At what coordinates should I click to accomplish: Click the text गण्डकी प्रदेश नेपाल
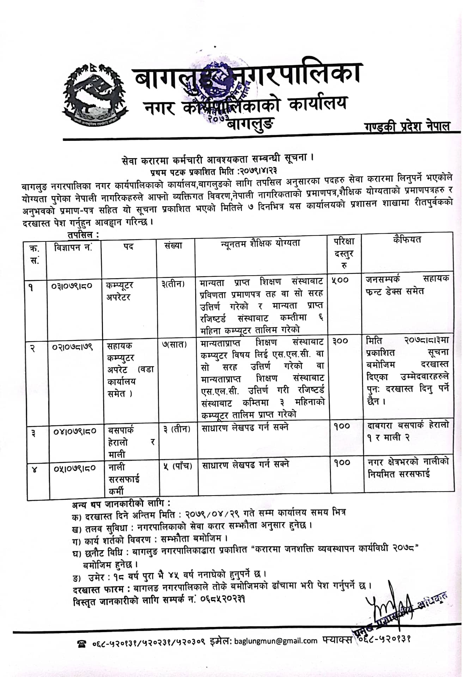coord(407,126)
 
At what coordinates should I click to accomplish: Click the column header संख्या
coord(173,245)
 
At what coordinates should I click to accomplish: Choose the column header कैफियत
coord(407,240)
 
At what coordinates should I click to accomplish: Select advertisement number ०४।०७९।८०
coord(74,431)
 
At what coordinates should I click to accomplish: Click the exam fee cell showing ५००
coord(340,280)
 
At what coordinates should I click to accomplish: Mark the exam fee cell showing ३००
coord(340,341)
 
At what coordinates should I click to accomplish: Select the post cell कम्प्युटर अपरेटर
coord(119,291)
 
